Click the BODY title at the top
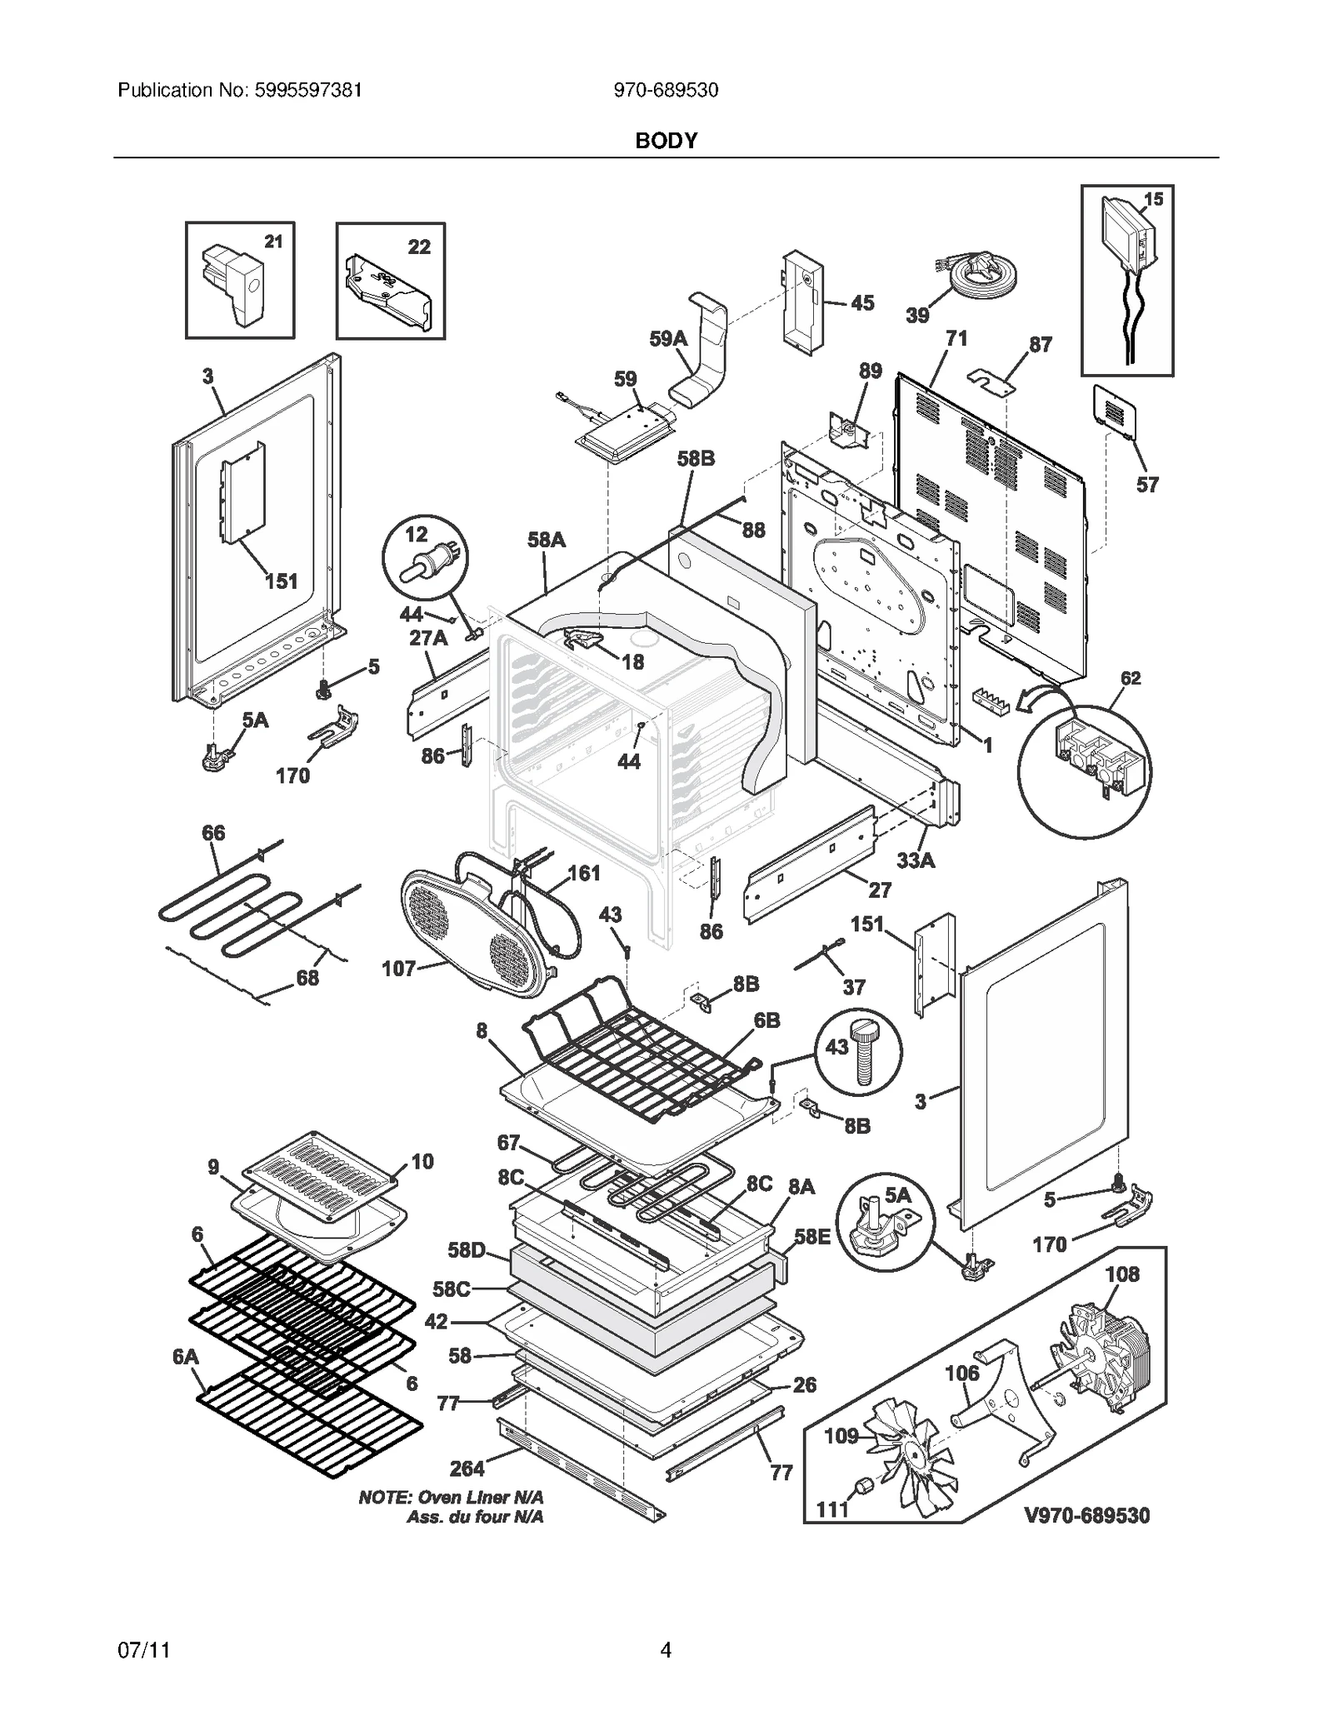pyautogui.click(x=666, y=141)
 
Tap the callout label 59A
pyautogui.click(x=668, y=339)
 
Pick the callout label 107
pyautogui.click(x=398, y=969)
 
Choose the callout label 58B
pyautogui.click(x=696, y=459)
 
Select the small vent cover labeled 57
pyautogui.click(x=1114, y=410)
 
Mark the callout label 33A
pyautogui.click(x=916, y=860)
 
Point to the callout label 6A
pyautogui.click(x=185, y=1357)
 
